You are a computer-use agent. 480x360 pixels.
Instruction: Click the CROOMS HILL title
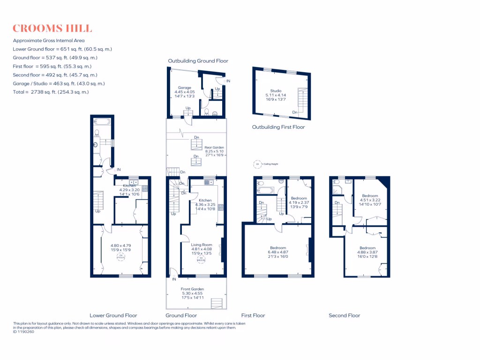tap(52, 29)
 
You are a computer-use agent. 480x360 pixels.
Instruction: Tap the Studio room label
tap(276, 91)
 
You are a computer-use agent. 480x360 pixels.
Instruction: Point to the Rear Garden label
tap(214, 148)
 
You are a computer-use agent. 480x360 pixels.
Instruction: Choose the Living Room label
tap(202, 245)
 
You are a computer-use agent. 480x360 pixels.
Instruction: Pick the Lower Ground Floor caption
tap(113, 315)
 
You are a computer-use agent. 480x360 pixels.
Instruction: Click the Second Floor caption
tap(345, 315)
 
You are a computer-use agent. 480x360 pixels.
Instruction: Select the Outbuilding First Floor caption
tap(278, 127)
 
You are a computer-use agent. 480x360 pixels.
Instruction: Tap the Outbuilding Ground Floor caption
tap(198, 61)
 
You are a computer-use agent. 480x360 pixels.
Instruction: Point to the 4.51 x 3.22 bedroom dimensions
tap(370, 200)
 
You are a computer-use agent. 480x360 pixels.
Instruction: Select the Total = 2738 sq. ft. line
tap(51, 92)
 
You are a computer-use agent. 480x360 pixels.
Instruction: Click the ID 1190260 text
tap(25, 332)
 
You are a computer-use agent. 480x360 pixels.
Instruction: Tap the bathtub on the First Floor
tap(266, 190)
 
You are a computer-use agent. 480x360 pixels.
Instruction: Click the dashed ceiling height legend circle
tap(257, 165)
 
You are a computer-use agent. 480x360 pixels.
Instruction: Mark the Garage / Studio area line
tap(59, 83)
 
